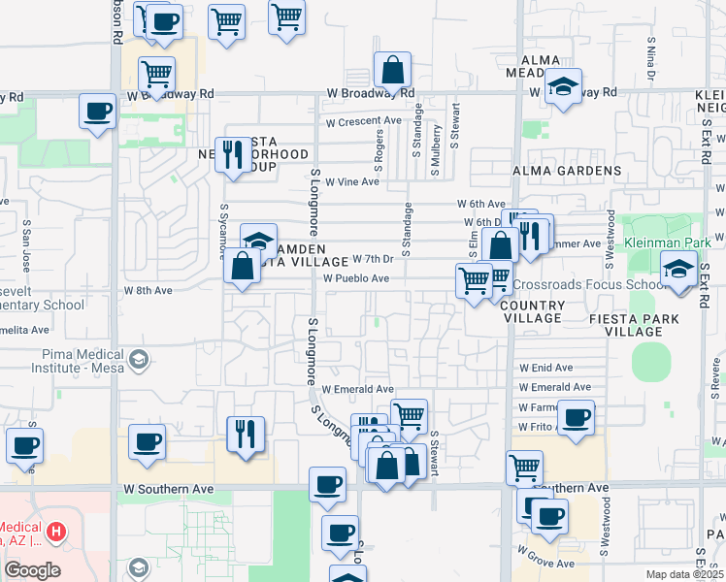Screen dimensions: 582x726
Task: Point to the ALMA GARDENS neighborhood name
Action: [567, 171]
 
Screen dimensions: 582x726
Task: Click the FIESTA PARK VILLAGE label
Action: [625, 324]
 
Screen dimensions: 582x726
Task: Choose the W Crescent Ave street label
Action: [363, 122]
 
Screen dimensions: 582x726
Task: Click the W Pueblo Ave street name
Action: [356, 278]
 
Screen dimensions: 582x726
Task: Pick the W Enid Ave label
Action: [546, 368]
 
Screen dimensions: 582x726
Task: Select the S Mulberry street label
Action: [437, 150]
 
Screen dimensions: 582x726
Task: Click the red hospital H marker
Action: [57, 533]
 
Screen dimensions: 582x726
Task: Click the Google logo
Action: [32, 570]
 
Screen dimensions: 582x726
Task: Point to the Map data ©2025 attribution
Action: [685, 574]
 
